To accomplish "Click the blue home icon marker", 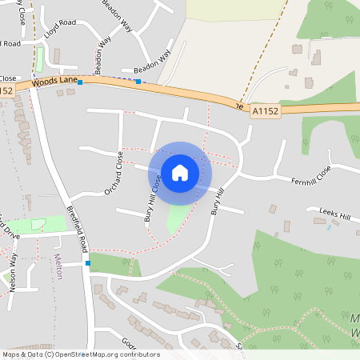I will pos(180,172).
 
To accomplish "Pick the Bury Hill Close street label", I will pos(152,200).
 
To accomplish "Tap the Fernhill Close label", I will pos(310,179).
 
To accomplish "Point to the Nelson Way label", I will pos(14,272).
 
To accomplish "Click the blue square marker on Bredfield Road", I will pos(87,262).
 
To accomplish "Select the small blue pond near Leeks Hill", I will pos(329,227).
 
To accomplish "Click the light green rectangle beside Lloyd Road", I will pos(39,58).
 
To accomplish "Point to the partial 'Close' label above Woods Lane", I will pos(8,78).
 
